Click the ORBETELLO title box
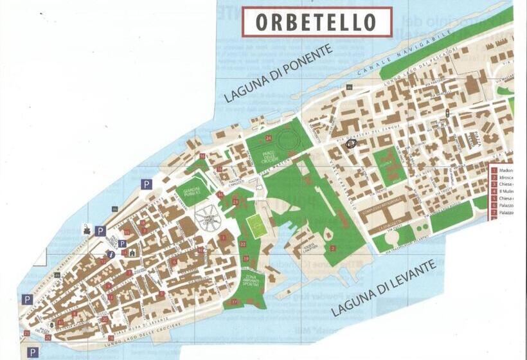[x=316, y=22]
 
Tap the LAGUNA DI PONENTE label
[x=278, y=74]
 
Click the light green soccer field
[x=257, y=227]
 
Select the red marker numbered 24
[x=268, y=138]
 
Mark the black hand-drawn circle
[x=352, y=144]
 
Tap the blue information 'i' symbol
[x=112, y=255]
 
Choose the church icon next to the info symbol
[x=132, y=253]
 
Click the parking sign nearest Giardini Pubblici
[x=147, y=184]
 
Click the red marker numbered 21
[x=27, y=333]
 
